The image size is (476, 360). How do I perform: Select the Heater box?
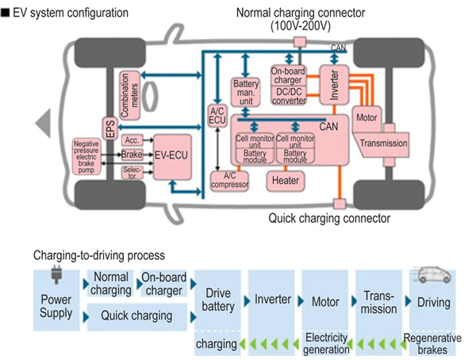point(285,179)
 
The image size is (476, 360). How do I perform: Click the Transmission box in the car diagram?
point(383,144)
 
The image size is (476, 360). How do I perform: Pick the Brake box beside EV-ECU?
point(131,155)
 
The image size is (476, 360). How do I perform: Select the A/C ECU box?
point(217,116)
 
